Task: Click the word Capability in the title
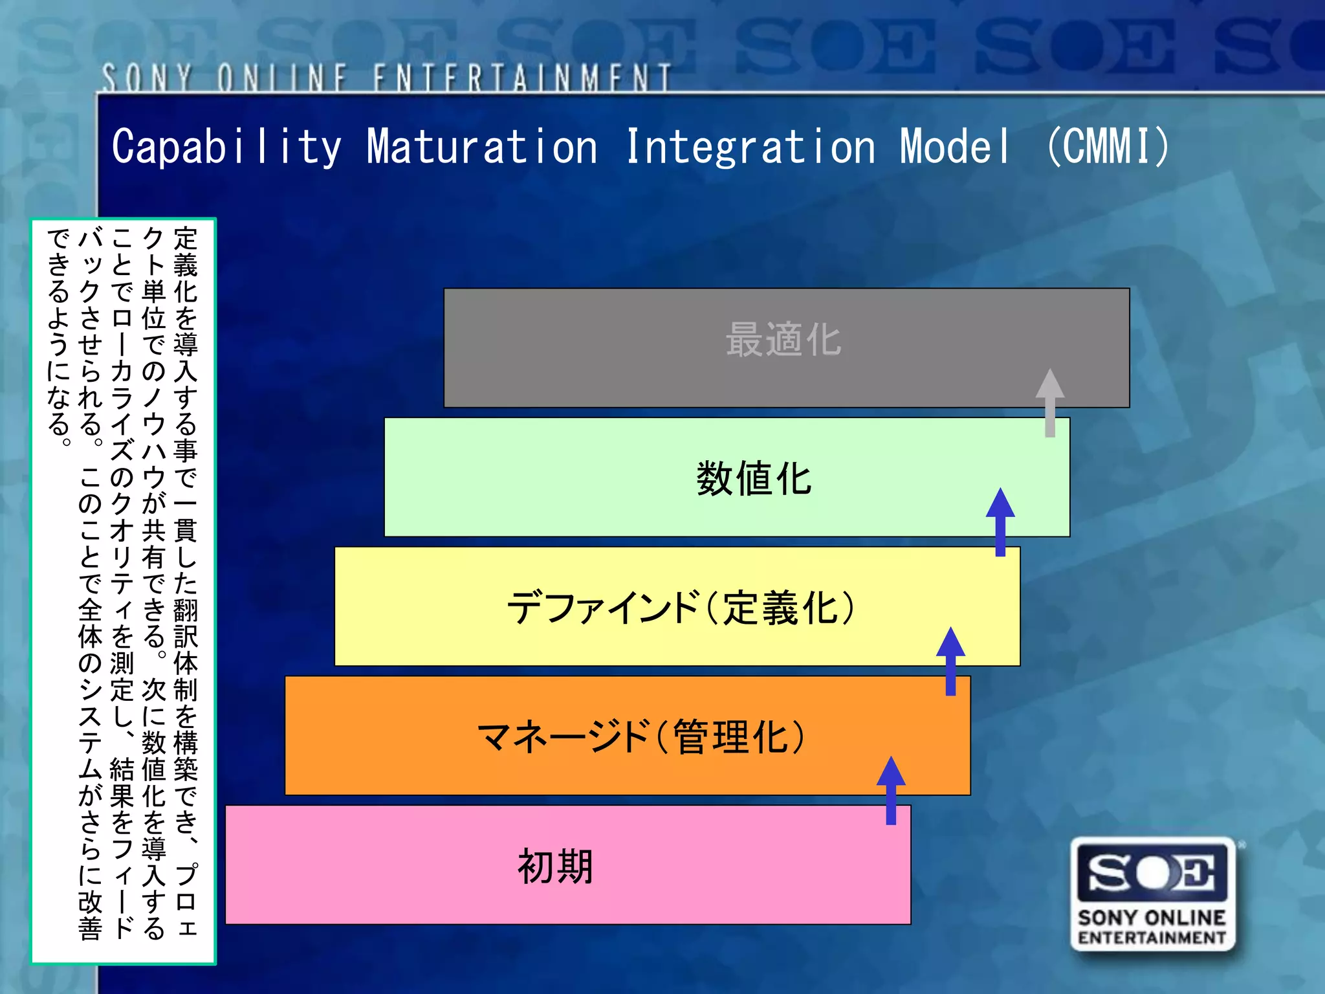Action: [226, 146]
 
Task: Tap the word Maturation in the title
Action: [482, 146]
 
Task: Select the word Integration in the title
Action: [750, 146]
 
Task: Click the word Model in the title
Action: [955, 146]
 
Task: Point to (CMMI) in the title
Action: [1108, 146]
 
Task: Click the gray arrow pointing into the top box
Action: [1049, 403]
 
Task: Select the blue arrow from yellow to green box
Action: [1000, 522]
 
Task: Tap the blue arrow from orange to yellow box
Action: [950, 661]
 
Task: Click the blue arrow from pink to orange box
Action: [891, 790]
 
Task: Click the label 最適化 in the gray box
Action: [783, 340]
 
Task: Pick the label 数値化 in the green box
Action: [754, 479]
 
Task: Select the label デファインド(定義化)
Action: [681, 608]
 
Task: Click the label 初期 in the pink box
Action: [555, 867]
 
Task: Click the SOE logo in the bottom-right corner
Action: [1152, 873]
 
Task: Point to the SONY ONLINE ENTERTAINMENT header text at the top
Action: [386, 78]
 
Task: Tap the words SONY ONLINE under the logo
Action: [1152, 918]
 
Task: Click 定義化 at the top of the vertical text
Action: [186, 265]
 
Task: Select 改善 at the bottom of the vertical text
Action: [90, 916]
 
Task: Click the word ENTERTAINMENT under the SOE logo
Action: [1152, 938]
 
